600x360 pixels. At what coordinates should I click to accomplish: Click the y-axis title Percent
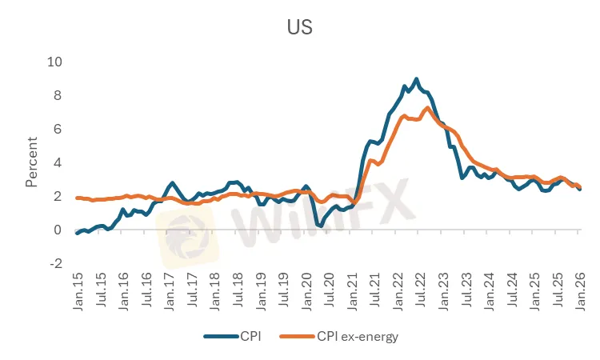click(x=32, y=162)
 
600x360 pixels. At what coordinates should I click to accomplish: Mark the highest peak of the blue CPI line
click(x=416, y=78)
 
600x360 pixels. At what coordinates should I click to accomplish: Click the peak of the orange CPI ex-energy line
click(x=428, y=107)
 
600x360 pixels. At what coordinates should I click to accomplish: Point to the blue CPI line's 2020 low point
click(x=320, y=226)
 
